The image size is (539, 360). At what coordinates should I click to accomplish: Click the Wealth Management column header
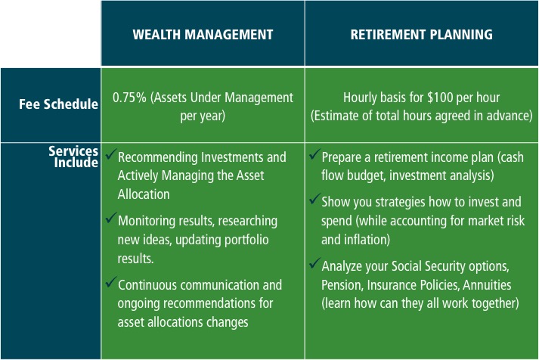(203, 35)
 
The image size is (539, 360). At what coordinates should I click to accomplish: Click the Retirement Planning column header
(421, 35)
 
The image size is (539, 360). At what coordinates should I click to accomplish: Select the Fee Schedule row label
(58, 104)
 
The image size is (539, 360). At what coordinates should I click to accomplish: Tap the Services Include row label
(73, 157)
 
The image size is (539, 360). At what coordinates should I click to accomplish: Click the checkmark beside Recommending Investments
(111, 154)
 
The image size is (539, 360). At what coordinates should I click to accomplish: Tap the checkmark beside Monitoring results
(111, 217)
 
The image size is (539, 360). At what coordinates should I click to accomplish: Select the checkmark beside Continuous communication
(111, 281)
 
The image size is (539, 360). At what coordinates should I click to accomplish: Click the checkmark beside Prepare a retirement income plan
(315, 154)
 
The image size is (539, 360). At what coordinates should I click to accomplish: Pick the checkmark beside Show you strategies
(315, 199)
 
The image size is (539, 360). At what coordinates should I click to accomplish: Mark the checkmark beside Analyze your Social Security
(315, 263)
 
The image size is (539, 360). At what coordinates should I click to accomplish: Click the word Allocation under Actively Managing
(144, 194)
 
